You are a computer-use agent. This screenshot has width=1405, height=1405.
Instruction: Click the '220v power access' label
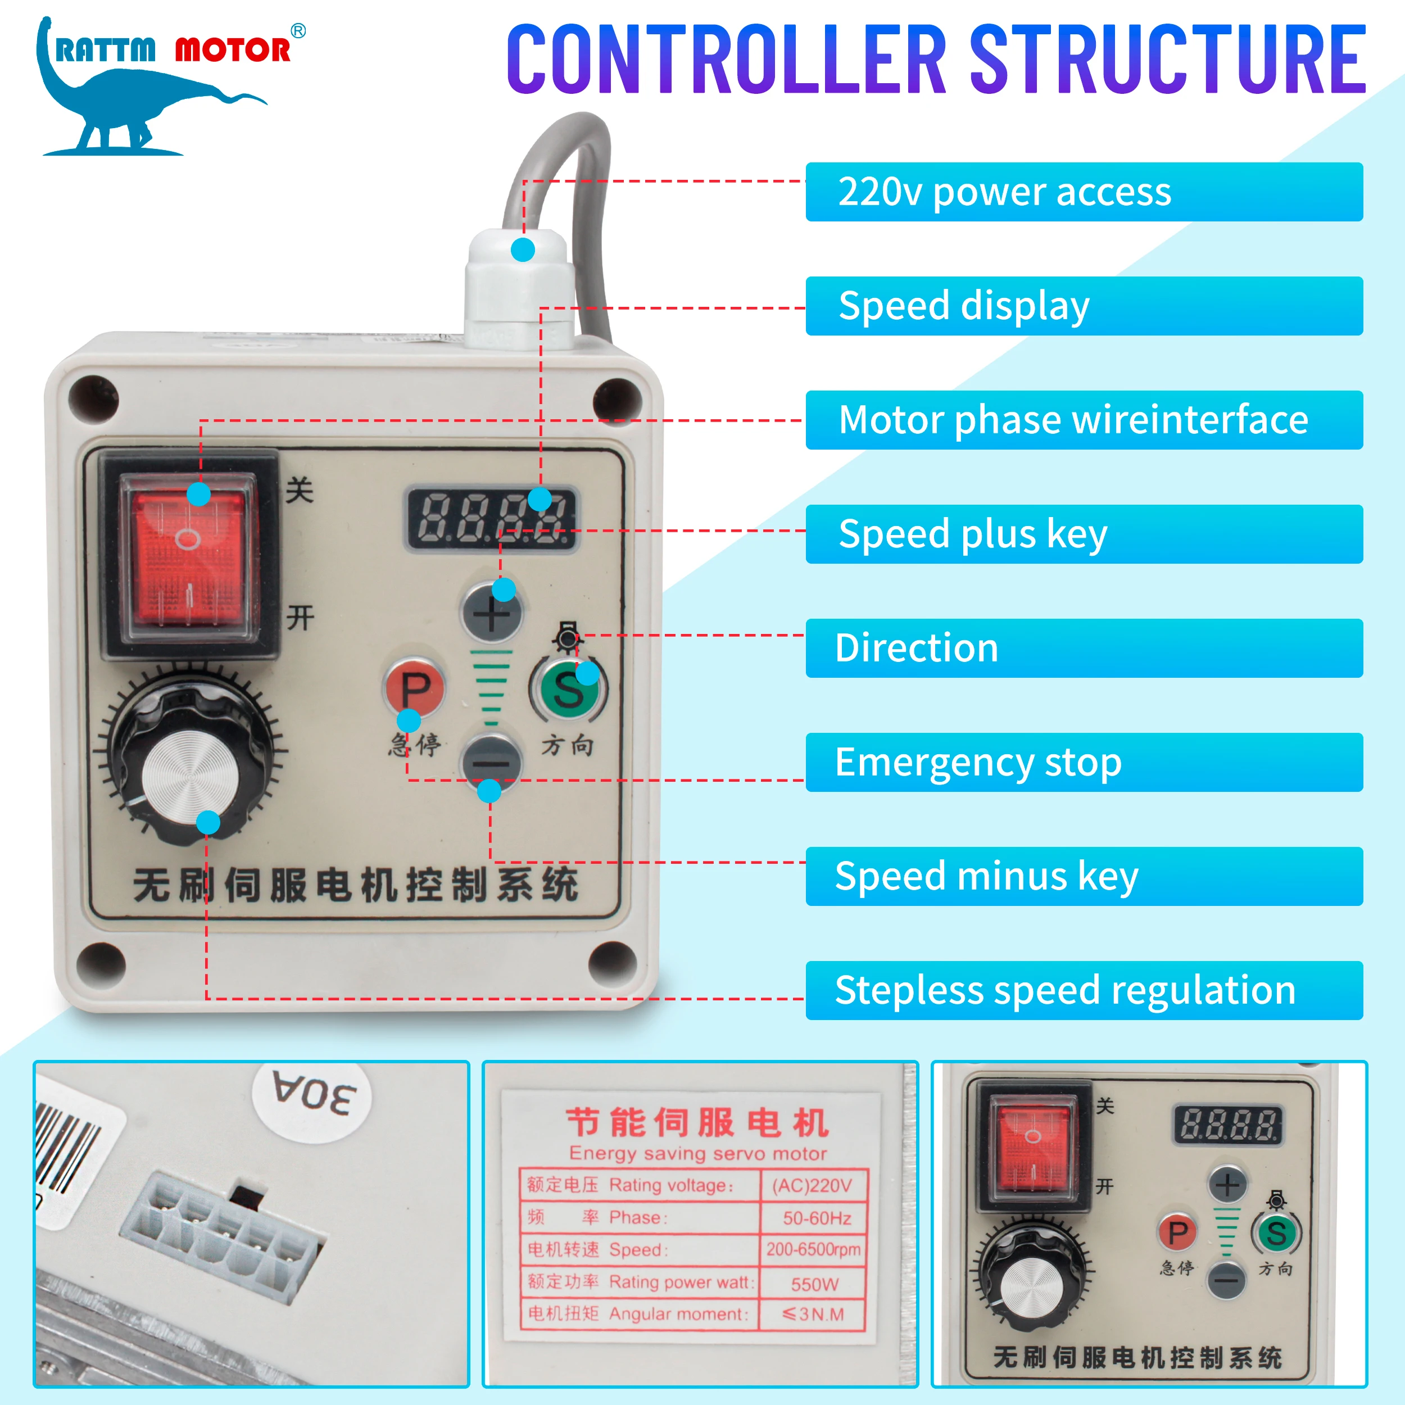click(x=1084, y=192)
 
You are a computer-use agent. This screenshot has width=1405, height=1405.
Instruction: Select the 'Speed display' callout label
click(x=1084, y=306)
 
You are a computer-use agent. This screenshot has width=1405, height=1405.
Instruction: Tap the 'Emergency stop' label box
click(x=1084, y=762)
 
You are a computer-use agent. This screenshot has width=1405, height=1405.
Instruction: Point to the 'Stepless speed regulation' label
click(x=1084, y=990)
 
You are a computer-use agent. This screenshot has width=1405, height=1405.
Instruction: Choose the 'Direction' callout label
click(x=1084, y=648)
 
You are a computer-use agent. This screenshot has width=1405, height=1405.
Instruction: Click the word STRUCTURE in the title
click(x=1168, y=60)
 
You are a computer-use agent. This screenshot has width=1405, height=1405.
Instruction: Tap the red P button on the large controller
click(x=414, y=687)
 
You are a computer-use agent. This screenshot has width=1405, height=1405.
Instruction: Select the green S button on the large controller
click(x=568, y=688)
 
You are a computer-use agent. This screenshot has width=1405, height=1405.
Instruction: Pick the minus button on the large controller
click(x=492, y=763)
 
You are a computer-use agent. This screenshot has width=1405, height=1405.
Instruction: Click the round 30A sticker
click(x=312, y=1093)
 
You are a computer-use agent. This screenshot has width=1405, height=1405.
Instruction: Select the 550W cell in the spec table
click(x=814, y=1284)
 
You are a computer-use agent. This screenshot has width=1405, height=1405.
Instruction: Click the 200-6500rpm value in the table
click(x=813, y=1249)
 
